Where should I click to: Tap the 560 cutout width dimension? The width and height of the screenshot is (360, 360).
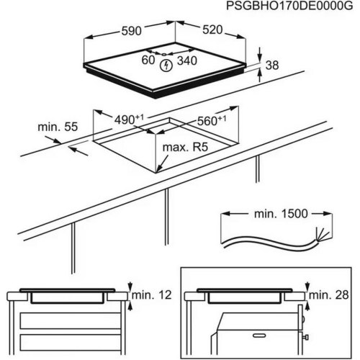(212, 120)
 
